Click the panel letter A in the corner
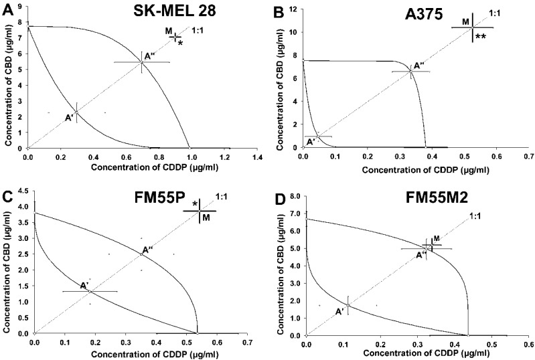(x=7, y=7)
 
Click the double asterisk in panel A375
(x=480, y=38)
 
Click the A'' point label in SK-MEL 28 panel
(x=150, y=56)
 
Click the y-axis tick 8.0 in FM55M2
(x=295, y=197)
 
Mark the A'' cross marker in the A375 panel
(x=410, y=72)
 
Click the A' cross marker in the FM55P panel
(x=90, y=291)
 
